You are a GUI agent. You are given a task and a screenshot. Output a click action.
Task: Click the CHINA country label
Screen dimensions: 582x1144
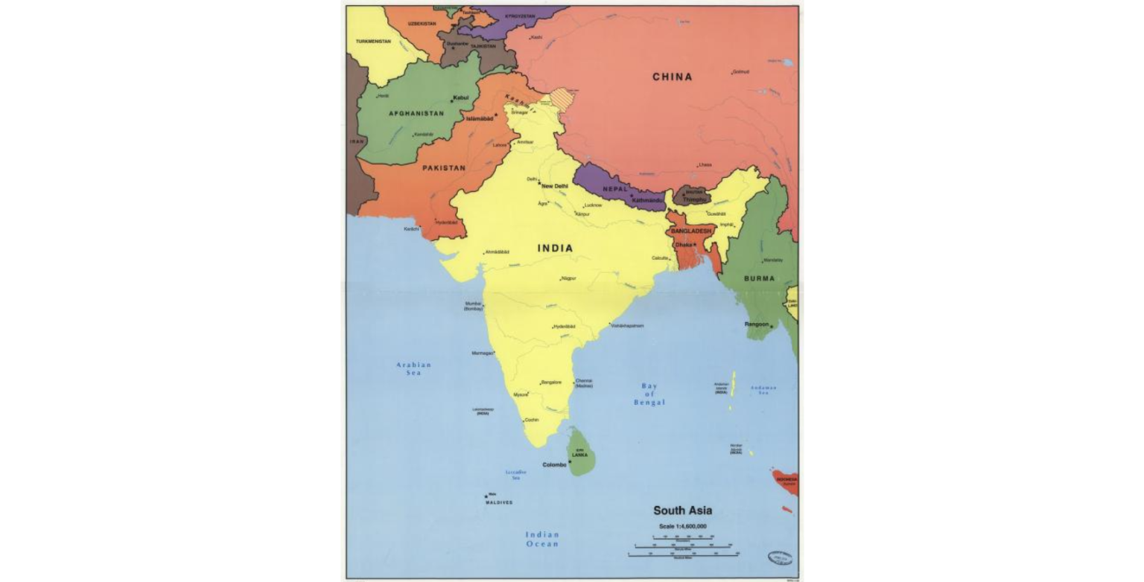point(672,77)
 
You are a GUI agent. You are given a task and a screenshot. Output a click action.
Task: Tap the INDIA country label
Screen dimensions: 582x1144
point(555,248)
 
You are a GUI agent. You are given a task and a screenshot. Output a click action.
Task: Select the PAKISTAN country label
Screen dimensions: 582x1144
point(444,168)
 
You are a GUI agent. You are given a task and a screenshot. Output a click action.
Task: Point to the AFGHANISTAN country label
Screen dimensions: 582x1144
point(416,114)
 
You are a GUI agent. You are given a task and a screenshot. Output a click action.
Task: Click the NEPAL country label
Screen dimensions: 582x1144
point(615,189)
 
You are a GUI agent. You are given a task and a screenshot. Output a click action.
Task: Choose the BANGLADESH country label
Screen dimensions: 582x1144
point(692,231)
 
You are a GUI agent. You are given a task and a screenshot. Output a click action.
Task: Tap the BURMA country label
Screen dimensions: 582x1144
point(758,278)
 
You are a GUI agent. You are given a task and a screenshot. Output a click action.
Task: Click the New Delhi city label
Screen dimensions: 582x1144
point(555,186)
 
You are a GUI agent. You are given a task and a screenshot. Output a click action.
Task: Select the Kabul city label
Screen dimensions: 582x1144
point(460,97)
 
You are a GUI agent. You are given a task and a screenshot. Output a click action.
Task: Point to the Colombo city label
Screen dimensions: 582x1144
point(554,465)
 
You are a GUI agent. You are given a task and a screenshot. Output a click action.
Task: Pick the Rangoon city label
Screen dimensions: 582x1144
point(756,324)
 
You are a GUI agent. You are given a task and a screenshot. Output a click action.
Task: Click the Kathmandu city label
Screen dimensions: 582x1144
point(646,200)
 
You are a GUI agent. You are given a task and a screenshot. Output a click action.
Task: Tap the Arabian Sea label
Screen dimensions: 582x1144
point(413,368)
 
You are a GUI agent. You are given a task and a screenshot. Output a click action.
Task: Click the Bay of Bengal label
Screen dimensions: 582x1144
point(649,394)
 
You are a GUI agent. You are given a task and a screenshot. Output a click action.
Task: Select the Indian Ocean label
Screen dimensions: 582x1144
point(541,539)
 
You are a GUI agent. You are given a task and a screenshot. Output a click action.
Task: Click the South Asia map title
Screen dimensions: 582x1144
point(682,511)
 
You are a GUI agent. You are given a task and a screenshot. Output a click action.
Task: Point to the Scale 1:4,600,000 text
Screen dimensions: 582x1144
point(681,526)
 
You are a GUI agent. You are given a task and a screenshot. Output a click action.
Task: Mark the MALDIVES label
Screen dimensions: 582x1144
point(499,502)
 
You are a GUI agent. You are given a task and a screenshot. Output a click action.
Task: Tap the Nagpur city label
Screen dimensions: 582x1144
point(570,278)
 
